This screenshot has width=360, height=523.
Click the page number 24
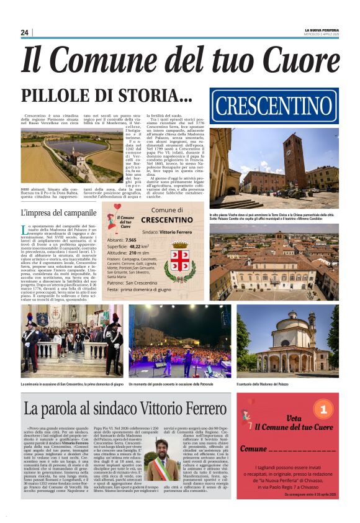pos(24,32)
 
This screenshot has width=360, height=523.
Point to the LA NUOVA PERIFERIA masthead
pos(322,29)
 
